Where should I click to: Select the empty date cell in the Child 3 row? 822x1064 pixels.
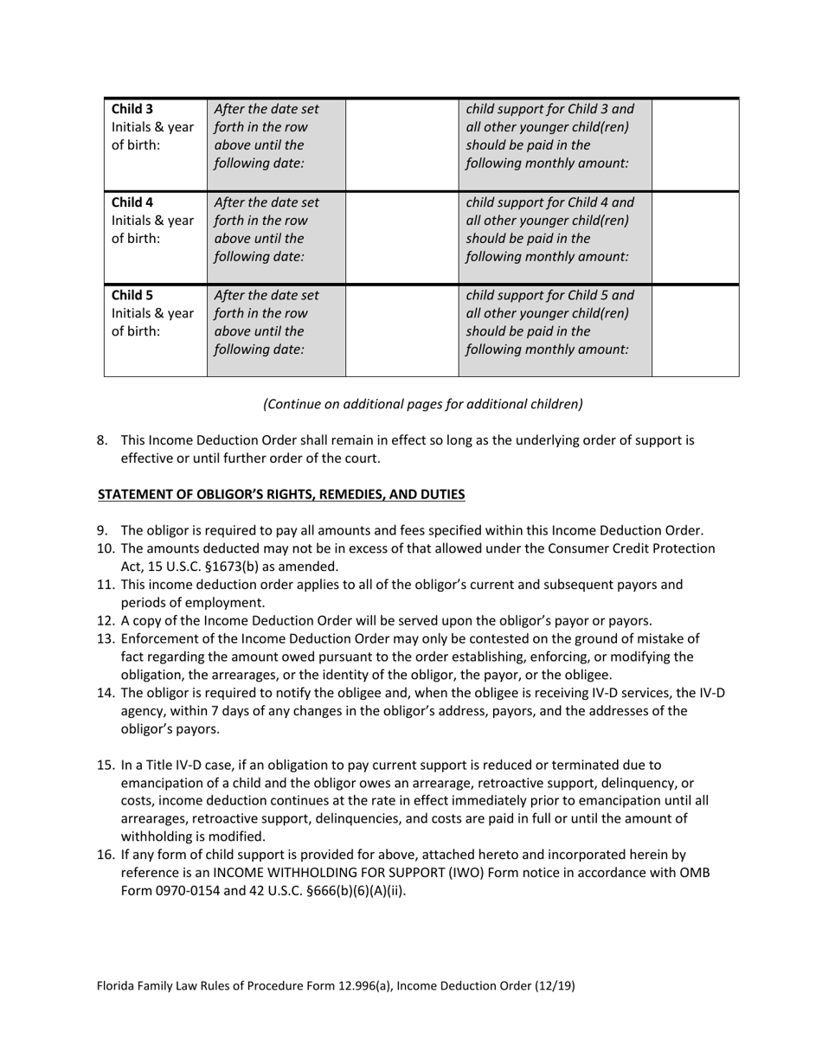tap(401, 144)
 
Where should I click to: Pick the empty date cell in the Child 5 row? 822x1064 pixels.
tap(401, 330)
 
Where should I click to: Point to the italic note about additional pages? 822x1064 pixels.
tap(423, 404)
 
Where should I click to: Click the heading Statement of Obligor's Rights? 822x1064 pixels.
tap(281, 495)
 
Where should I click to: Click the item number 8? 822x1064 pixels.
tap(102, 440)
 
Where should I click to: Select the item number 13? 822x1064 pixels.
tap(105, 639)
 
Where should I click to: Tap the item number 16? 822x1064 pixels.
tap(105, 855)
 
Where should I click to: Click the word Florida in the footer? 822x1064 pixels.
tap(117, 985)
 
